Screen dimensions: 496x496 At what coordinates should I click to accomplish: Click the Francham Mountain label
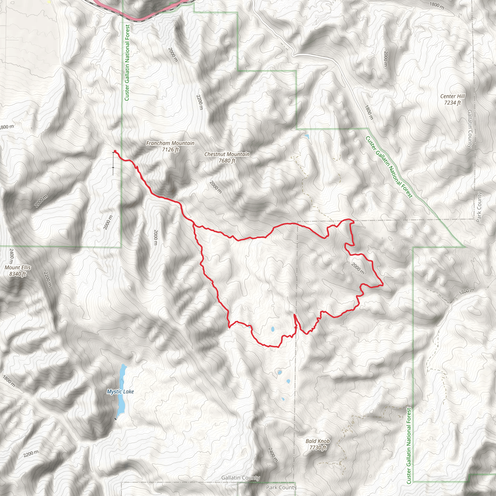pyautogui.click(x=170, y=146)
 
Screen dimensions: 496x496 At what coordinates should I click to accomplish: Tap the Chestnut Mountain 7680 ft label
pyautogui.click(x=227, y=157)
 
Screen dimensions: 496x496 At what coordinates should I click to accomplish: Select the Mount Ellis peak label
pyautogui.click(x=17, y=271)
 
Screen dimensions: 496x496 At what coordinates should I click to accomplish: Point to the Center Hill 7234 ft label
pyautogui.click(x=452, y=99)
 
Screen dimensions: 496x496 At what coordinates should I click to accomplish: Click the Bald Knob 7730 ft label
pyautogui.click(x=318, y=444)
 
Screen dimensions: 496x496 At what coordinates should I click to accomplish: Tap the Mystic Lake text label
pyautogui.click(x=120, y=392)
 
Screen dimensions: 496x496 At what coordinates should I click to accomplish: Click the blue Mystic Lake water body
pyautogui.click(x=121, y=401)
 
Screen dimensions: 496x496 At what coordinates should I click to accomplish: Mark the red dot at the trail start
pyautogui.click(x=115, y=151)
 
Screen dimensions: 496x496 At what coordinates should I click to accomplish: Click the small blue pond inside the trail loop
pyautogui.click(x=273, y=329)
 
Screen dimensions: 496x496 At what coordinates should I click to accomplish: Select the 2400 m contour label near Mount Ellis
pyautogui.click(x=11, y=256)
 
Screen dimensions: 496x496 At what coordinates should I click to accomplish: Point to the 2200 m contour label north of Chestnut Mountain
pyautogui.click(x=200, y=102)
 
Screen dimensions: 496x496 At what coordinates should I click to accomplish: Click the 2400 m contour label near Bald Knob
pyautogui.click(x=273, y=455)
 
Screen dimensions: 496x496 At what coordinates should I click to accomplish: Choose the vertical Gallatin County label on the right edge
pyautogui.click(x=470, y=129)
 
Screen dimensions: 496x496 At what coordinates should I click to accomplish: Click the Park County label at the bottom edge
pyautogui.click(x=281, y=487)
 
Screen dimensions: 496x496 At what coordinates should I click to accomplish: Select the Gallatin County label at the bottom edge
pyautogui.click(x=240, y=478)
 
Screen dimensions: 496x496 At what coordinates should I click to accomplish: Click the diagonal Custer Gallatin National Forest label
pyautogui.click(x=389, y=167)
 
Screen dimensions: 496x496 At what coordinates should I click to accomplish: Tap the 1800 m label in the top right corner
pyautogui.click(x=437, y=5)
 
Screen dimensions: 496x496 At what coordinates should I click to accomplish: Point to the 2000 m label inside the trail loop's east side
pyautogui.click(x=358, y=269)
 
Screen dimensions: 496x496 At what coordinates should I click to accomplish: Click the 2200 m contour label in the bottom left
pyautogui.click(x=31, y=454)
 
